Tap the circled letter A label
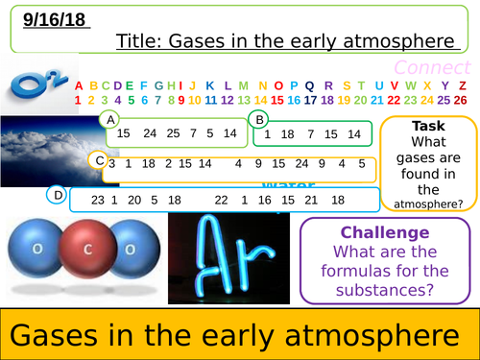[111, 120]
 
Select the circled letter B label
[257, 119]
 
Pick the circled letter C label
[99, 160]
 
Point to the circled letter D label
[59, 196]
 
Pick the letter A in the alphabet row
[80, 84]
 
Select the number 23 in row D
[97, 200]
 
